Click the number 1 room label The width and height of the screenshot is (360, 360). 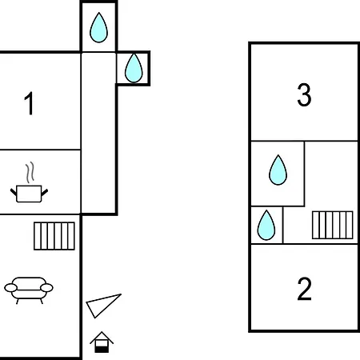[x=29, y=103]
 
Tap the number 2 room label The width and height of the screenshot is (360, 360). [x=304, y=289]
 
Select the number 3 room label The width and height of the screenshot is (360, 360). [x=304, y=94]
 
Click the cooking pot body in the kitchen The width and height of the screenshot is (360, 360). [x=29, y=194]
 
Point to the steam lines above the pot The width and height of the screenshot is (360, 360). [x=30, y=172]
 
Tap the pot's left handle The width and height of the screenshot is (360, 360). [x=14, y=192]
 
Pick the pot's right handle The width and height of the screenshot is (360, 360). [x=45, y=192]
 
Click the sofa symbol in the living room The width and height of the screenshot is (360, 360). [x=29, y=290]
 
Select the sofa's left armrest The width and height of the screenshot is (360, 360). [x=10, y=288]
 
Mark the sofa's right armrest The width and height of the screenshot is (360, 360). [x=47, y=288]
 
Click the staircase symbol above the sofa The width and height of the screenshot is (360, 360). [x=54, y=236]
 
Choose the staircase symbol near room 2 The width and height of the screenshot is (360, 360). [x=333, y=225]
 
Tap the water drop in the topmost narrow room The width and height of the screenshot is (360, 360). [x=98, y=28]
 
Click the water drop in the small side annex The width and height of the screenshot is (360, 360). [x=134, y=68]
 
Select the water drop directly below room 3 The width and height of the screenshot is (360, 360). [x=278, y=170]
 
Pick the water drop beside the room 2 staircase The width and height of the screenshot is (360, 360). [x=266, y=226]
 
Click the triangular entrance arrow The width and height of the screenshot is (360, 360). [x=102, y=305]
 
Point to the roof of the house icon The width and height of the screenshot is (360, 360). [x=102, y=338]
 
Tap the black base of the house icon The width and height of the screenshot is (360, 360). [x=102, y=350]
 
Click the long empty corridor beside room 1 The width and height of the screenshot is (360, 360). [x=98, y=133]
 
